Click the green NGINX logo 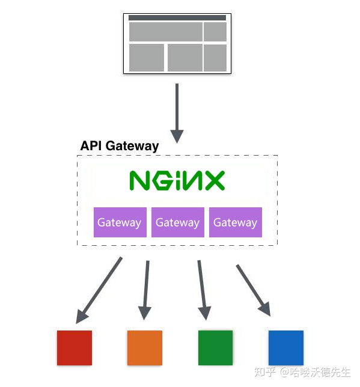(177, 180)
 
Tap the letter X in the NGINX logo (213, 180)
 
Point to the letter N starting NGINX (139, 180)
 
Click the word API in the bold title (91, 146)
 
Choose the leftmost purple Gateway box (120, 222)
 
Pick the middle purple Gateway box (177, 222)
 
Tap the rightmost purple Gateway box (235, 222)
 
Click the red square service (75, 348)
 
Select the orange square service (145, 348)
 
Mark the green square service (215, 348)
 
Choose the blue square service (285, 348)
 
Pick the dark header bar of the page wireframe (177, 18)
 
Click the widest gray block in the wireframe (165, 32)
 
